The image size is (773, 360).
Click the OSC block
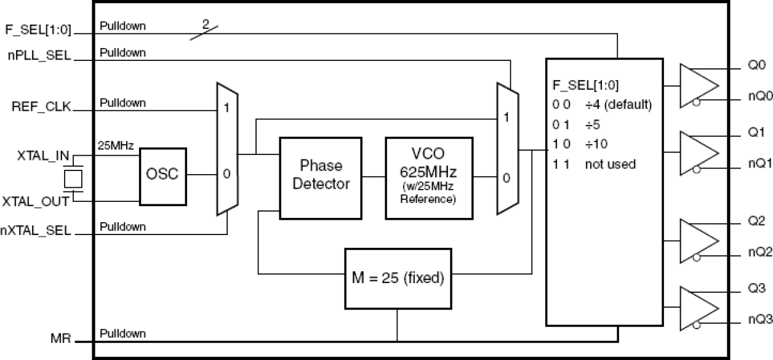pyautogui.click(x=162, y=176)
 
